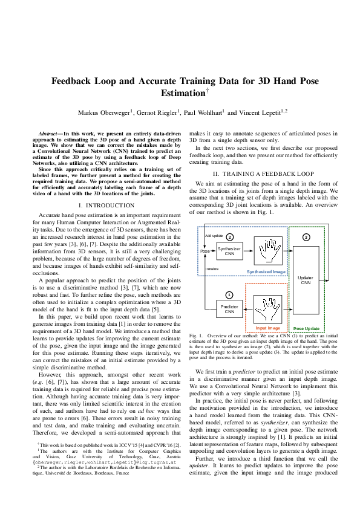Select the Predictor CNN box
point(229,310)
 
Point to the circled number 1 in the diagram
point(229,295)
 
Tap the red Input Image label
point(268,328)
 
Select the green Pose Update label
point(307,328)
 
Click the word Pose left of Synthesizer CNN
point(205,250)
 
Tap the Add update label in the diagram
point(213,235)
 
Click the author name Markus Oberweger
point(103,113)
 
